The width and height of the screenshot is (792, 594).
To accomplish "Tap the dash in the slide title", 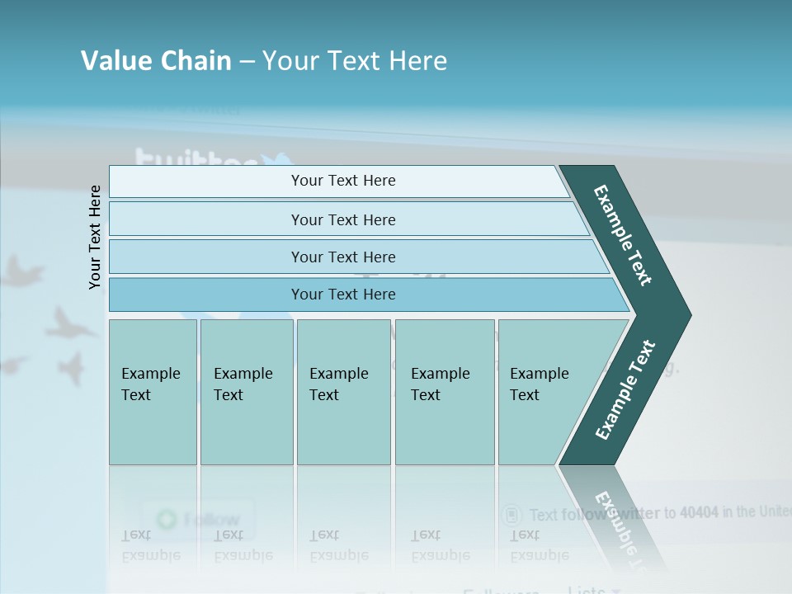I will tap(247, 62).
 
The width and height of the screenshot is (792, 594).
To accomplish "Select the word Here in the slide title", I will tap(417, 61).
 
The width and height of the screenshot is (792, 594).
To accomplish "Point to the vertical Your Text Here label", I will tap(95, 238).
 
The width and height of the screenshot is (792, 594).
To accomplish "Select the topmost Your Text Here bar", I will tap(342, 181).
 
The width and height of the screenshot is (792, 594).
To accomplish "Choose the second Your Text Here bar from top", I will tap(342, 219).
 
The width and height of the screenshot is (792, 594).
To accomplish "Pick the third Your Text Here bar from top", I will tap(342, 257).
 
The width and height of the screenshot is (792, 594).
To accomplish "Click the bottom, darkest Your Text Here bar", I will tap(342, 295).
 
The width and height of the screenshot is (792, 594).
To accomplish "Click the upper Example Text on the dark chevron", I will tap(623, 235).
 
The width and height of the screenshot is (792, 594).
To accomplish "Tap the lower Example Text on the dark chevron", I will tap(625, 390).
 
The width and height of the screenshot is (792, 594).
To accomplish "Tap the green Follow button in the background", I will tap(198, 519).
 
